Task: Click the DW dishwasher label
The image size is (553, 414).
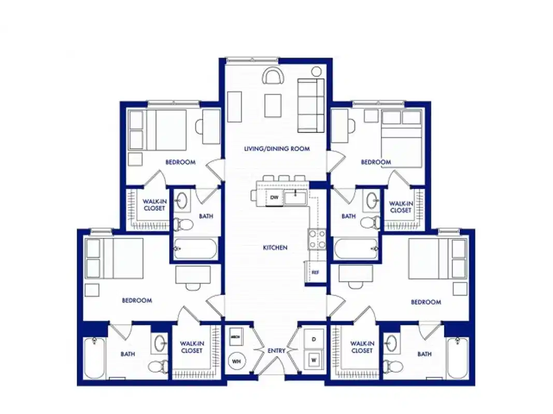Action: [x=274, y=198]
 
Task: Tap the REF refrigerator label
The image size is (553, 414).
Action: [x=315, y=272]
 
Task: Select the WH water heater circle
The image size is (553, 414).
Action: [x=236, y=360]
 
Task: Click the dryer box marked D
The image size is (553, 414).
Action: [x=314, y=339]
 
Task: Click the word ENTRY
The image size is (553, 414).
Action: [x=276, y=351]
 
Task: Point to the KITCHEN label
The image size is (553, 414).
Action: [x=275, y=248]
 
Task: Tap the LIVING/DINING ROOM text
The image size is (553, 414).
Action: [x=277, y=149]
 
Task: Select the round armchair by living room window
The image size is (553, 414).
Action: [x=273, y=77]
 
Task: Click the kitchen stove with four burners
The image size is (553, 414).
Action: [x=317, y=239]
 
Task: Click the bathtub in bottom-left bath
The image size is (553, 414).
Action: [x=94, y=358]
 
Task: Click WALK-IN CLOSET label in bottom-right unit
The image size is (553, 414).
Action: [x=362, y=347]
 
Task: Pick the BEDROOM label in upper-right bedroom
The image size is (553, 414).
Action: [x=376, y=162]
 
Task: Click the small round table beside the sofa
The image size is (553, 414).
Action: [x=316, y=71]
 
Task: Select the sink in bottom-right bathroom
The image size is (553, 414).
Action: [x=392, y=343]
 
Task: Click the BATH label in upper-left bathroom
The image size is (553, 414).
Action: [x=206, y=216]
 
